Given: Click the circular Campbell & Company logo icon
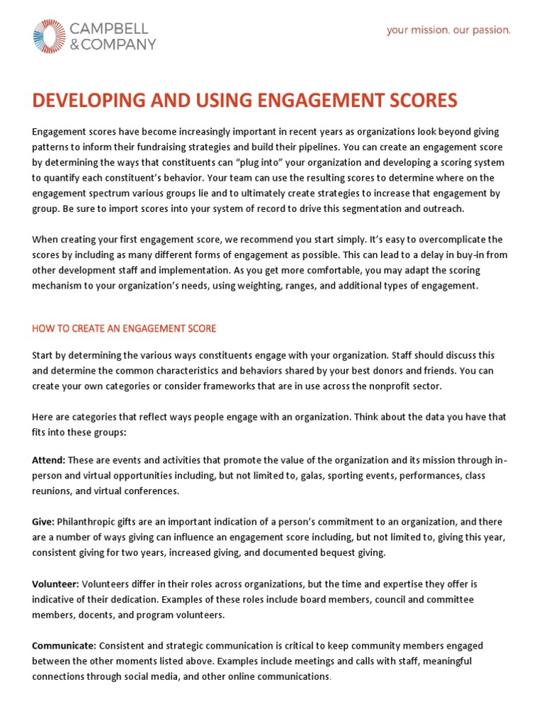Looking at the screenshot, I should click(x=49, y=36).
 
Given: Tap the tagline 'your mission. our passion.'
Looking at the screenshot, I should click(x=448, y=30).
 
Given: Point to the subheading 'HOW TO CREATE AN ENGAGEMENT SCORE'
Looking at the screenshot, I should click(x=124, y=328).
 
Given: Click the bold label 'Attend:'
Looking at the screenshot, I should click(x=48, y=460).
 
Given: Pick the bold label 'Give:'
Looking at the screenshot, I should click(x=43, y=521).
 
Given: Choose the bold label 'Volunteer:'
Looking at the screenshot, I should click(x=55, y=584).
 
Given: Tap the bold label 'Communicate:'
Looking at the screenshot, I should click(x=64, y=645).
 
